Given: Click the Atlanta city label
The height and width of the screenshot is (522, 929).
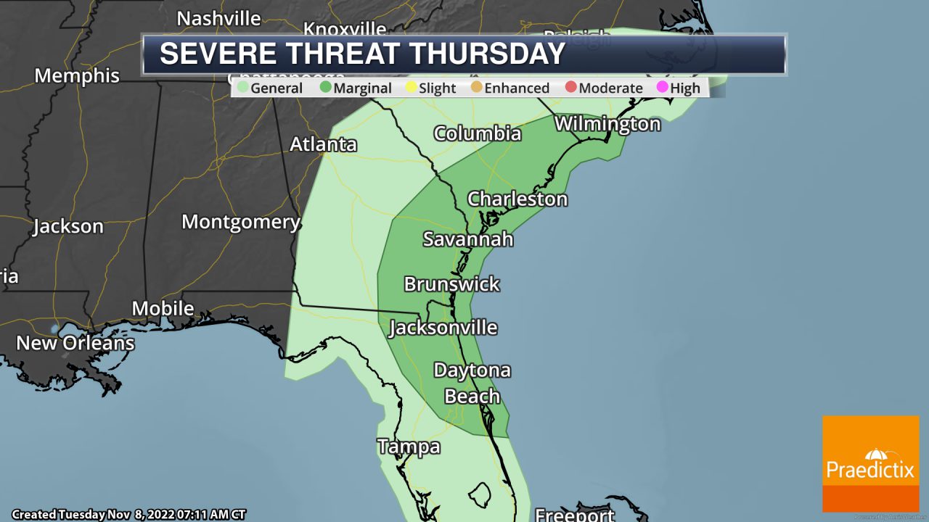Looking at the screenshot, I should pos(323,144).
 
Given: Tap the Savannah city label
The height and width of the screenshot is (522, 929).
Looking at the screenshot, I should pos(467,239).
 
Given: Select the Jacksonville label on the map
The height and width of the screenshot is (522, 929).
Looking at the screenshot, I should pos(443,328).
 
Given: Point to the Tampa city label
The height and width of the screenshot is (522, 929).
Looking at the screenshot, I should pos(408,447).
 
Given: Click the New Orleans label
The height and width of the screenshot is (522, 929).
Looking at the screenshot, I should pos(75,343).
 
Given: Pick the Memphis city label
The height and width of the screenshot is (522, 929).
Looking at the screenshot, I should pos(77,75).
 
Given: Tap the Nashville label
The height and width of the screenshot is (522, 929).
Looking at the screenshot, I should pos(218,18).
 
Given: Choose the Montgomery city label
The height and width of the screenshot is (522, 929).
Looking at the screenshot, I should pos(240,222).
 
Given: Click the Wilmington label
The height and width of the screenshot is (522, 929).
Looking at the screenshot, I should pos(607,124).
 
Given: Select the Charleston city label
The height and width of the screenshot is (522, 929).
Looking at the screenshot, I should pos(517,199).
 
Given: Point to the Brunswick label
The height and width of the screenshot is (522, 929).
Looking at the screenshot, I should pos(451,283).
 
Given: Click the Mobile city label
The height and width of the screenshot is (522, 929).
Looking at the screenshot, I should pos(163,308).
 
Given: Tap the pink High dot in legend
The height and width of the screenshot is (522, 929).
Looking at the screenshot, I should pos(662,88).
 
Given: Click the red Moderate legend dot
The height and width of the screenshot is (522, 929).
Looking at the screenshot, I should pos(570,88).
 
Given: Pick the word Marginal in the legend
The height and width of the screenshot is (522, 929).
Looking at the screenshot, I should pos(362,88).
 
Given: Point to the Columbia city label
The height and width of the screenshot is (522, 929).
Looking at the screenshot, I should pos(477,133).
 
